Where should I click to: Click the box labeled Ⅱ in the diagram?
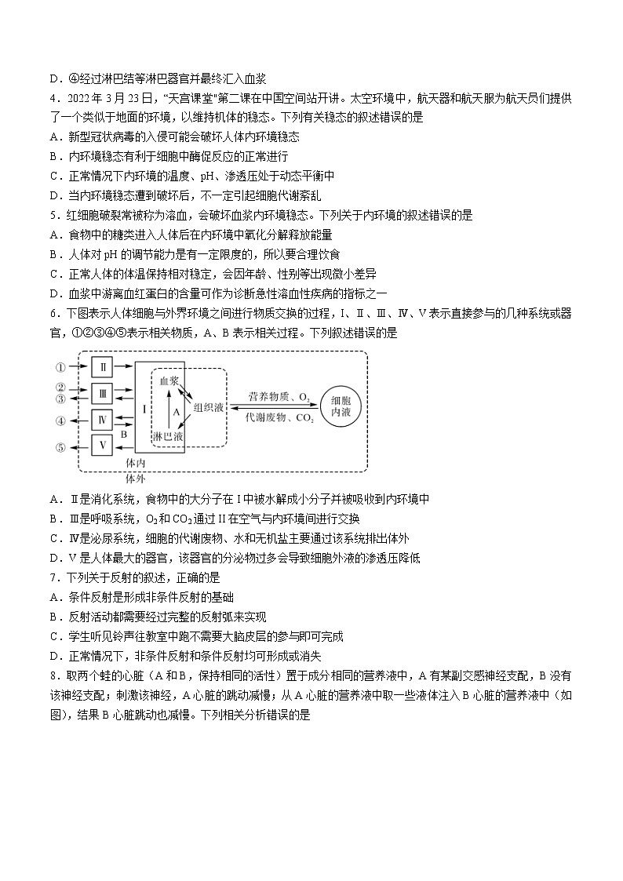coord(104,366)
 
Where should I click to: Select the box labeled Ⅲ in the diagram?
coord(104,392)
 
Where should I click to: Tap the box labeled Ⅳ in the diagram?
coord(104,420)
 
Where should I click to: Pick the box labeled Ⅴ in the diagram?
coord(104,446)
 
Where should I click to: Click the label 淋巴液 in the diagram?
coord(167,435)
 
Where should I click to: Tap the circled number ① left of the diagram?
coord(60,366)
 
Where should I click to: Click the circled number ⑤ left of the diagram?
coord(60,447)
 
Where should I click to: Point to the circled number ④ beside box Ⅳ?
coord(60,420)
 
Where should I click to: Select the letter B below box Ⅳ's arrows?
coord(123,433)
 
